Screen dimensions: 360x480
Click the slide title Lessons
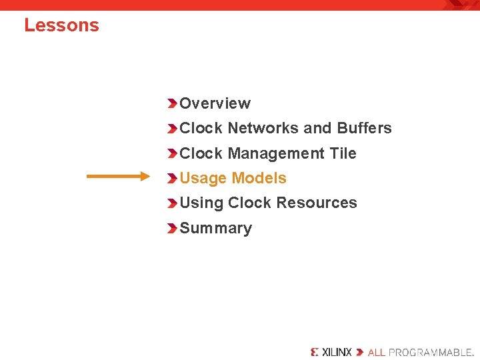point(61,25)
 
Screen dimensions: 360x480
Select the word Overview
point(215,103)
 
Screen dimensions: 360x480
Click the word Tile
point(343,153)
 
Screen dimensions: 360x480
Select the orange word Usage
point(203,178)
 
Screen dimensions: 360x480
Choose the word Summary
point(215,228)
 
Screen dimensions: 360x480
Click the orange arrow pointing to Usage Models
point(119,177)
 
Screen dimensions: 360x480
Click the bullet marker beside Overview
point(172,103)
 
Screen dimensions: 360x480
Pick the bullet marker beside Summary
point(172,228)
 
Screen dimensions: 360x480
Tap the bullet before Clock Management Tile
point(172,153)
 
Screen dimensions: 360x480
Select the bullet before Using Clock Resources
point(172,203)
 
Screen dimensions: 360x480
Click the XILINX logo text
point(336,351)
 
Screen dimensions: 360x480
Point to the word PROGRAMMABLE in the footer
point(431,351)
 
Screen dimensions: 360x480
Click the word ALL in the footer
point(377,351)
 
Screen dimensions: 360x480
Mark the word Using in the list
point(201,203)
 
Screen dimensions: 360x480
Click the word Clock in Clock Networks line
point(201,128)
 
